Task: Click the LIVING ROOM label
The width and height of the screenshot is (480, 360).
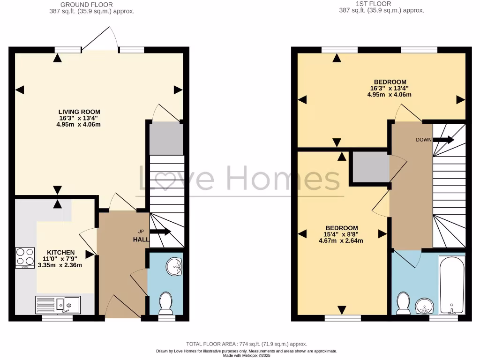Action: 79,112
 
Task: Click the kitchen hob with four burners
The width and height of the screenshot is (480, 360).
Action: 25,257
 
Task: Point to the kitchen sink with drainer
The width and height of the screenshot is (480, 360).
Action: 58,305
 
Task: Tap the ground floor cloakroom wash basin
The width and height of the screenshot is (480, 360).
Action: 175,267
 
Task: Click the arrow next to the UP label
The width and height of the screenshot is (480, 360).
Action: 160,232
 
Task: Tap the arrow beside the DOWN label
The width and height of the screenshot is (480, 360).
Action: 443,139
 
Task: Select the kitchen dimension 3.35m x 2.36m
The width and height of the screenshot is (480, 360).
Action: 60,265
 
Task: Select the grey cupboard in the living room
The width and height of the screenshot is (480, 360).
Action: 165,138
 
